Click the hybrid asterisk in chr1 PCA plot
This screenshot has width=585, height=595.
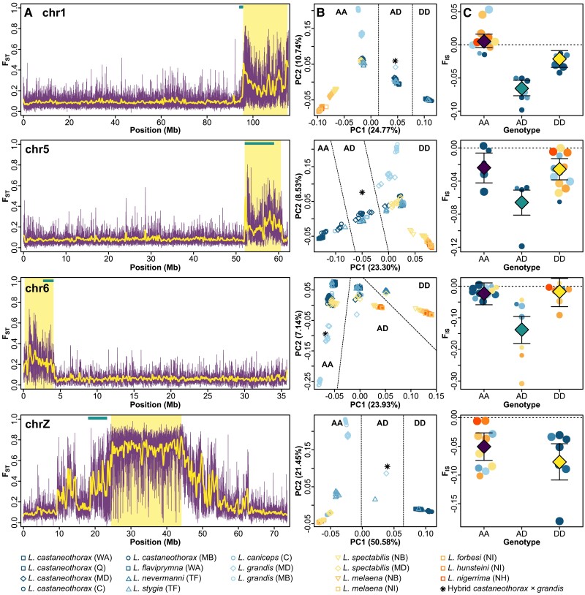point(396,61)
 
